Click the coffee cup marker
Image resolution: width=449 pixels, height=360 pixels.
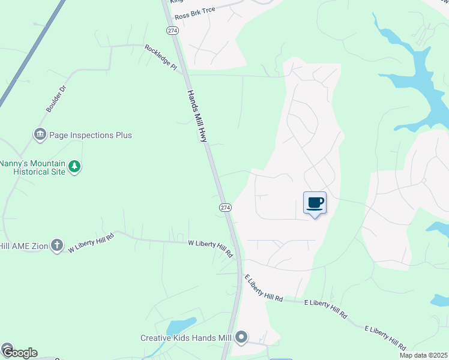pos(315,203)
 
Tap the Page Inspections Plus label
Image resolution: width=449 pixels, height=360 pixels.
pos(91,135)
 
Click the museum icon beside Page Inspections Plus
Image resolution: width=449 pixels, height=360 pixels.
pos(40,134)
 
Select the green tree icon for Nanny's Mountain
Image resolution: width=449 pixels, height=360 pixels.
pos(74,166)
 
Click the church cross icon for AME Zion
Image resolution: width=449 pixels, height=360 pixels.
pos(56,244)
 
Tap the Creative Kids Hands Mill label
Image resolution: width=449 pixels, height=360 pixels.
pos(186,338)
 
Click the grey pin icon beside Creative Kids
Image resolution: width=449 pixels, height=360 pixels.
pos(241,338)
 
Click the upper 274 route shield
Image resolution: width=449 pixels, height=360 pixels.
pos(173,30)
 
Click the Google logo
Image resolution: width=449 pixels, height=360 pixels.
pos(19,352)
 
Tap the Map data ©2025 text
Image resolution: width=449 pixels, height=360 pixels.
pos(423,355)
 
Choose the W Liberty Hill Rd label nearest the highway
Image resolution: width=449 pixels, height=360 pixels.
pos(210,247)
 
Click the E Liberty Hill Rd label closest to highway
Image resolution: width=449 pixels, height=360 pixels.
pos(263,288)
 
